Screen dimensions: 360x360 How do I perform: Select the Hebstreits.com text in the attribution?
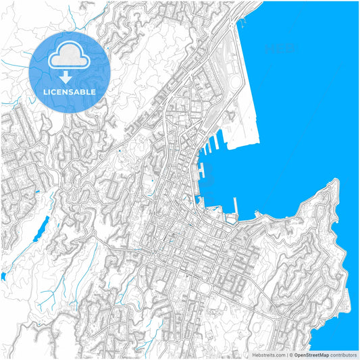[x=269, y=355]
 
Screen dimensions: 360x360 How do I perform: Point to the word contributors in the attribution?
[x=342, y=355]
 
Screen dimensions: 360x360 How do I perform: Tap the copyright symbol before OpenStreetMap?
[x=290, y=355]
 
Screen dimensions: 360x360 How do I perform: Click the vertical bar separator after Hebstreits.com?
[x=286, y=355]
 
